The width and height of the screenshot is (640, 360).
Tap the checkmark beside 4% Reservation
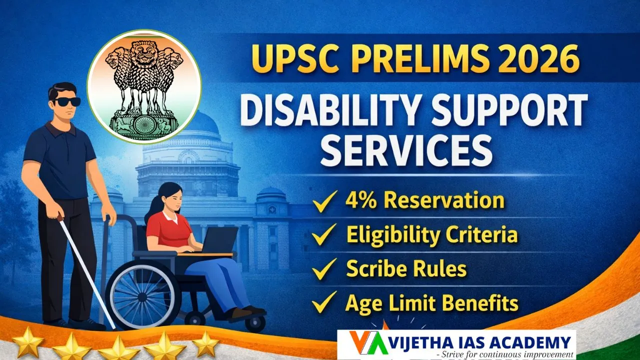(x=324, y=202)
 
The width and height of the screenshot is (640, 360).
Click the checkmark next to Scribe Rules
(x=324, y=270)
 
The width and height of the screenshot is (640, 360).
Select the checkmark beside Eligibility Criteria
(x=324, y=235)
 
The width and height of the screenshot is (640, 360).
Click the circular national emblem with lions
(x=144, y=86)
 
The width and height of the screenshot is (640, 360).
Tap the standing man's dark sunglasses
(x=66, y=102)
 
